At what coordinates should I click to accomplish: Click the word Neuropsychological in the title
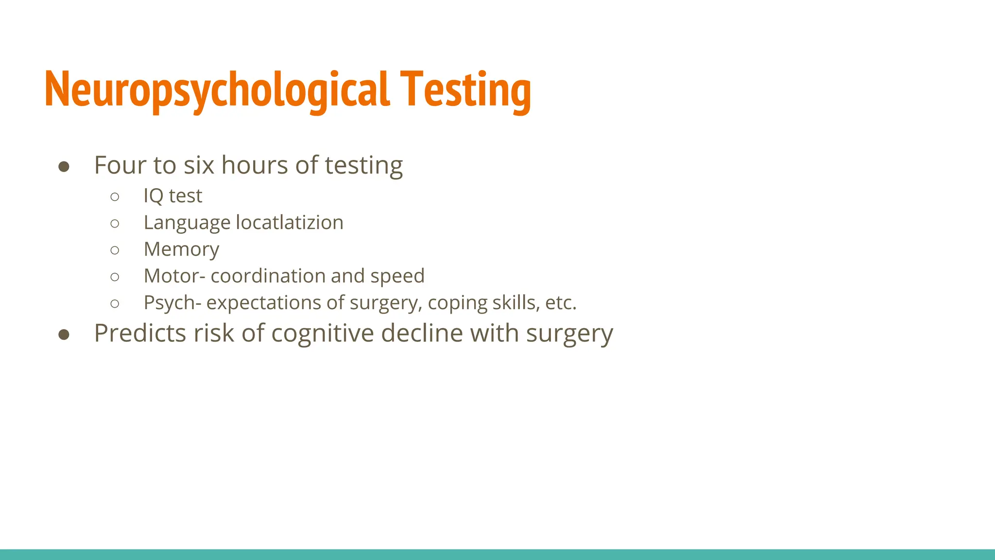[217, 90]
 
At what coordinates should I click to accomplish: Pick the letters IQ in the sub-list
[154, 196]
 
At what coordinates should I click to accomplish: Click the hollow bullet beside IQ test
[115, 197]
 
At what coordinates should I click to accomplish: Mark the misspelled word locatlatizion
[290, 223]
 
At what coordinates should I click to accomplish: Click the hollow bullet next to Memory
[115, 250]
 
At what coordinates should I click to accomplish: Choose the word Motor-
[175, 276]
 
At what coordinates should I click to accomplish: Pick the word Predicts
[140, 333]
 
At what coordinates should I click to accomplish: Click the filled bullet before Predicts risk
[64, 335]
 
